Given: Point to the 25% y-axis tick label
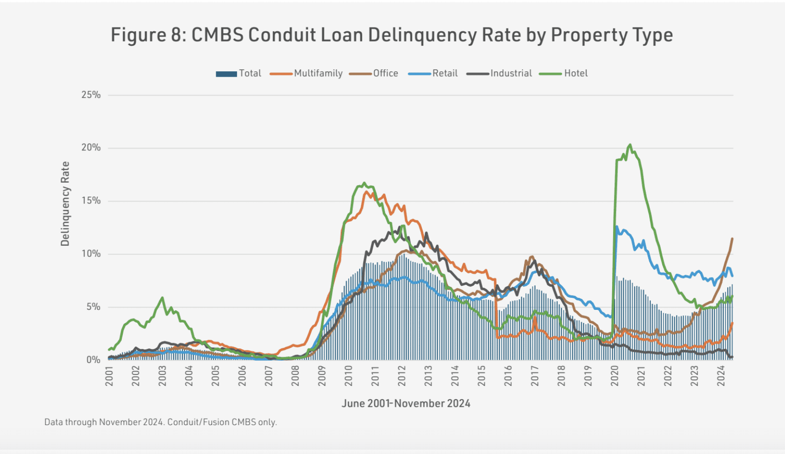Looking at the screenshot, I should (91, 95).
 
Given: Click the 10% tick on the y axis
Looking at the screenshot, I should (91, 254).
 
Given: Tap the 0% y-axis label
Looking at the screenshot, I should (93, 360).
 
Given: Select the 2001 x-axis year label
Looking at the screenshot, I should (109, 376).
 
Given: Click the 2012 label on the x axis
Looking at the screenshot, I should (402, 376).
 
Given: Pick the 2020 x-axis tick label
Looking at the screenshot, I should (615, 376).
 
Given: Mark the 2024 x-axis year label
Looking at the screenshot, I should (721, 376).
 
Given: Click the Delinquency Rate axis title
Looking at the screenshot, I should (65, 203).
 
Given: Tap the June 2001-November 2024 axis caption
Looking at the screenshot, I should (406, 403).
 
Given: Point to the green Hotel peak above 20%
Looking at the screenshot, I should (630, 145).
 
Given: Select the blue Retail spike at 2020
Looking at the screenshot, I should (616, 227).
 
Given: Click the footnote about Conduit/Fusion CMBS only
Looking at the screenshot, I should (160, 422).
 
